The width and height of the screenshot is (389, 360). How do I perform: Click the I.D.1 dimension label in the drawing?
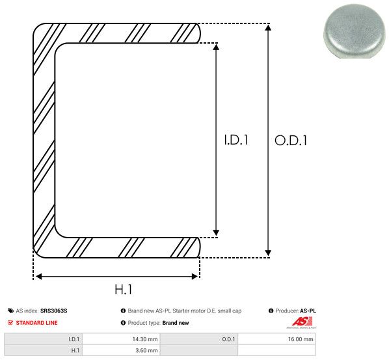pyautogui.click(x=236, y=140)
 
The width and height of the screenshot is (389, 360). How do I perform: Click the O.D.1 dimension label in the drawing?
pyautogui.click(x=290, y=140)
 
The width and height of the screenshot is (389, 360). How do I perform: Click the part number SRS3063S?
pyautogui.click(x=54, y=311)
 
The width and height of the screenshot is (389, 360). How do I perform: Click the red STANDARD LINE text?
pyautogui.click(x=38, y=323)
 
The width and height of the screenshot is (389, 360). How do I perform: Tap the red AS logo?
pyautogui.click(x=300, y=322)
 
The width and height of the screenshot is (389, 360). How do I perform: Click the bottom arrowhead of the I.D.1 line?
pyautogui.click(x=216, y=232)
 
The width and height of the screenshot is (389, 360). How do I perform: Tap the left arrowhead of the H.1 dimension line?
pyautogui.click(x=38, y=277)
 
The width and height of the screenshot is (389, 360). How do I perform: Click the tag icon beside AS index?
pyautogui.click(x=10, y=311)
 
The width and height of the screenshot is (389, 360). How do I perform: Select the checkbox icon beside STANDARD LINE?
pyautogui.click(x=10, y=323)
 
